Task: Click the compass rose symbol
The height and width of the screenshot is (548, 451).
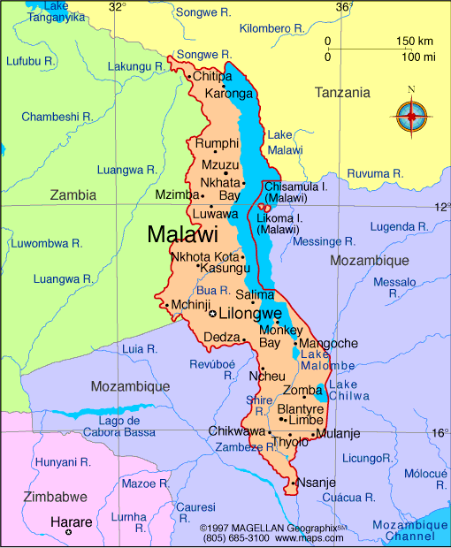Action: [410, 115]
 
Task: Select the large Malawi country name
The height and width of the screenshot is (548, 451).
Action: [182, 235]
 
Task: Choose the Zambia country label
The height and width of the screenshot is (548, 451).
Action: [74, 194]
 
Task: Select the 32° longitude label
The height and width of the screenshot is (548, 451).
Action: [117, 7]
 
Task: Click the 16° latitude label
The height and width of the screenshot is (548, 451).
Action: [440, 433]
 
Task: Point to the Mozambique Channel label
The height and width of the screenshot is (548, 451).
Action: [403, 530]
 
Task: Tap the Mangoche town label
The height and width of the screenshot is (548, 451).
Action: [329, 343]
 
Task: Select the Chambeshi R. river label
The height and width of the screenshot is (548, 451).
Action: [57, 116]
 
